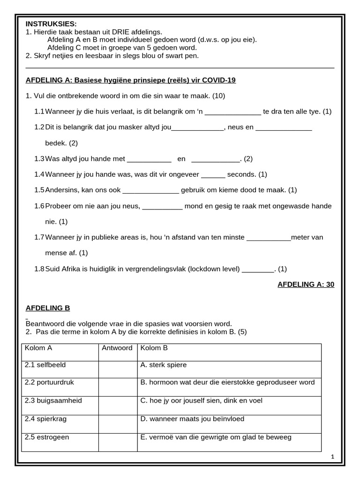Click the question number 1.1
[x=39, y=112]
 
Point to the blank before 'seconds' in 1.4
[x=213, y=175]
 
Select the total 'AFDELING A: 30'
[x=306, y=285]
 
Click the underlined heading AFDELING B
[x=47, y=308]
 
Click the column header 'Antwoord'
[x=117, y=348]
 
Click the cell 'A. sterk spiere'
[x=163, y=365]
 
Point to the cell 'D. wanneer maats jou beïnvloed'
[x=192, y=419]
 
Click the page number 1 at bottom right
[x=332, y=457]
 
